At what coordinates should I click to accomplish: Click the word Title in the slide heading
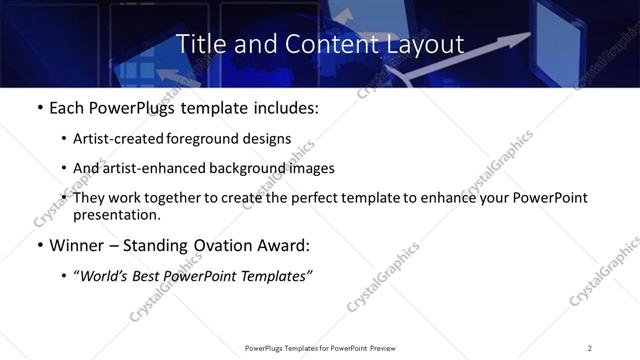click(x=200, y=44)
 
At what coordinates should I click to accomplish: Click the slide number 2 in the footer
click(x=590, y=348)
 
